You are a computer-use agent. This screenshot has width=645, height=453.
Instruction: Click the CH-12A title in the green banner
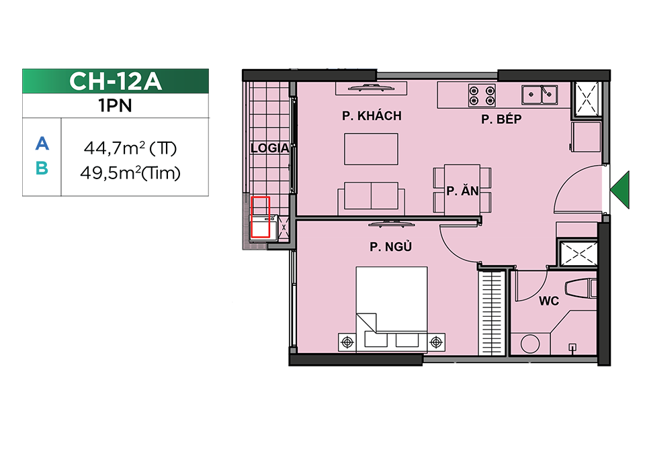click(x=115, y=81)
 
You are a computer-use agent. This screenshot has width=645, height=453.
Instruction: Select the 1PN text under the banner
click(x=115, y=105)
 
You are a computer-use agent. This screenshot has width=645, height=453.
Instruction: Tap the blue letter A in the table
click(x=42, y=144)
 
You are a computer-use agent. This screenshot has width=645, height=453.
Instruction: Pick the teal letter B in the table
click(x=42, y=168)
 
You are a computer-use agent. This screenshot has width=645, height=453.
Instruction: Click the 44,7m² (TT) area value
click(x=130, y=148)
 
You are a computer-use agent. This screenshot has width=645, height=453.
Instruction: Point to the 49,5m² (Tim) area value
click(x=130, y=173)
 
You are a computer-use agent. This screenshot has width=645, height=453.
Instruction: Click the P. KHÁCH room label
click(x=372, y=116)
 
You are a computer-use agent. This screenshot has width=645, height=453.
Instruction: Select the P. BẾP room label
click(x=501, y=119)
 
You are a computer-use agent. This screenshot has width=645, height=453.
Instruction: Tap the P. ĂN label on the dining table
click(x=463, y=191)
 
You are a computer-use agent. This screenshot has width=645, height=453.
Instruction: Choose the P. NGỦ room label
click(x=391, y=246)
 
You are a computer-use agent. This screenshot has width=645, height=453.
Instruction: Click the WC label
click(x=549, y=301)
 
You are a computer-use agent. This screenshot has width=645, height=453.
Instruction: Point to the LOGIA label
click(x=270, y=148)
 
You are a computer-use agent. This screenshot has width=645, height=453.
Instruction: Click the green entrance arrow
click(x=620, y=190)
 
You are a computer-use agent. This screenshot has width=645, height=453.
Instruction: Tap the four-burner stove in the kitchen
click(x=482, y=95)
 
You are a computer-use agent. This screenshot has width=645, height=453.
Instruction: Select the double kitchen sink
click(x=540, y=95)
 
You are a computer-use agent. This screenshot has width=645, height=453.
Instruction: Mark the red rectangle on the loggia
click(x=261, y=217)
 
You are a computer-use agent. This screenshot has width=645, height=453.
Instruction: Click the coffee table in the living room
click(x=371, y=149)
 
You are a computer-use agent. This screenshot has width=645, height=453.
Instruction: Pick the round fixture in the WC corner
click(x=530, y=344)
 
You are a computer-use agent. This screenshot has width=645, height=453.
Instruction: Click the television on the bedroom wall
click(x=391, y=224)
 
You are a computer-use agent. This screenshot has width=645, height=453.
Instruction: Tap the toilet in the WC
click(x=580, y=288)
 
